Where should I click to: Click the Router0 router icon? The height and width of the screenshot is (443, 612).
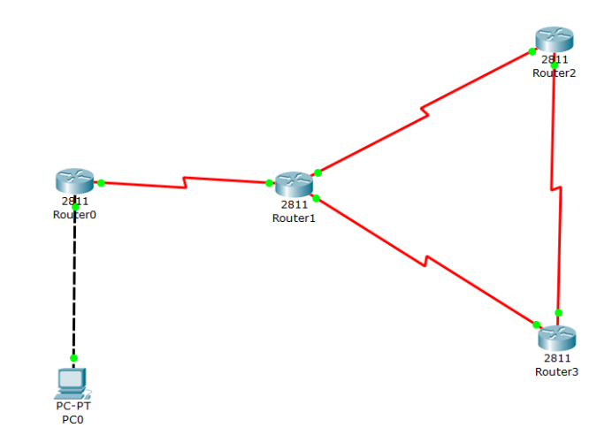(x=73, y=181)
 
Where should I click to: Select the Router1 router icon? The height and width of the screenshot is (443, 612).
(x=294, y=184)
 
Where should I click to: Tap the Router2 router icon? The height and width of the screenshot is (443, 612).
(x=555, y=39)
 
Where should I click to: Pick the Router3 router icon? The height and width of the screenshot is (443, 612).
(x=557, y=337)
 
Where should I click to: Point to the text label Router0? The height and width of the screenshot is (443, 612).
(x=74, y=214)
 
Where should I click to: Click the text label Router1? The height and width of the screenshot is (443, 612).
(x=294, y=218)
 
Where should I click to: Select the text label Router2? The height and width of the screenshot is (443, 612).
(x=555, y=73)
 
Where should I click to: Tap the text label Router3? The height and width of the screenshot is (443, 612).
(x=557, y=371)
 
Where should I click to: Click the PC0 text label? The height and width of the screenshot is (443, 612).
(x=73, y=419)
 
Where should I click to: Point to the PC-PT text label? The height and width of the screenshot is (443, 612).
(x=73, y=407)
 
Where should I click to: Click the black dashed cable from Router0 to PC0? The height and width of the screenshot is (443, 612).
(x=74, y=283)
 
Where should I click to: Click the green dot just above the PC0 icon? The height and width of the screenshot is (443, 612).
(x=74, y=358)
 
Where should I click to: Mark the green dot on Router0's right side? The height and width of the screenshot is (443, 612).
(x=102, y=183)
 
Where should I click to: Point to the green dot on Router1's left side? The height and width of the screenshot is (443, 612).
(x=269, y=183)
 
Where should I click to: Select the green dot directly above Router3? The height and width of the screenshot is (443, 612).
(x=558, y=312)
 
